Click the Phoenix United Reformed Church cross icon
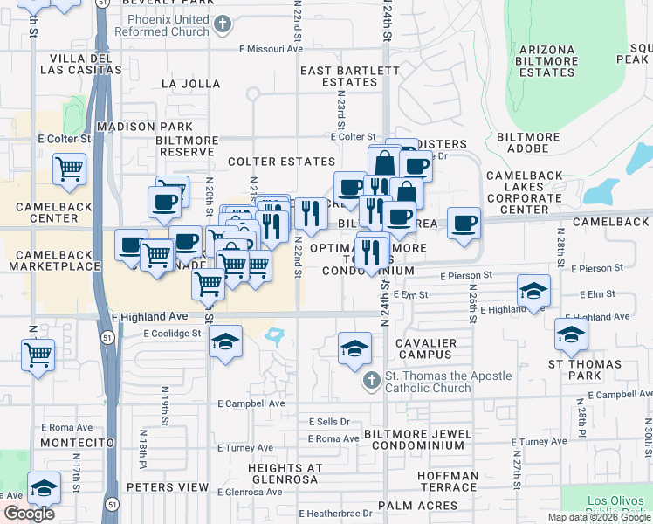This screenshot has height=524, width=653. click(223, 24)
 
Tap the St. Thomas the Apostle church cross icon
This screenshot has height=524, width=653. click(371, 382)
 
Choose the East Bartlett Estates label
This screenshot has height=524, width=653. click(339, 76)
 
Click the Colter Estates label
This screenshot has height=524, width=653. click(281, 162)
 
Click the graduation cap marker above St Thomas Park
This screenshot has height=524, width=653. click(571, 334)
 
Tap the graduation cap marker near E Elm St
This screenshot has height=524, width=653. click(533, 291)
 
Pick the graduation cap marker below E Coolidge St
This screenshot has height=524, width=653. click(225, 341)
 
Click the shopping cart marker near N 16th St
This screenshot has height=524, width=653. click(39, 355)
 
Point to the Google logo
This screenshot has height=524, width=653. click(29, 514)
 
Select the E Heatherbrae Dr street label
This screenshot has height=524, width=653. click(340, 514)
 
